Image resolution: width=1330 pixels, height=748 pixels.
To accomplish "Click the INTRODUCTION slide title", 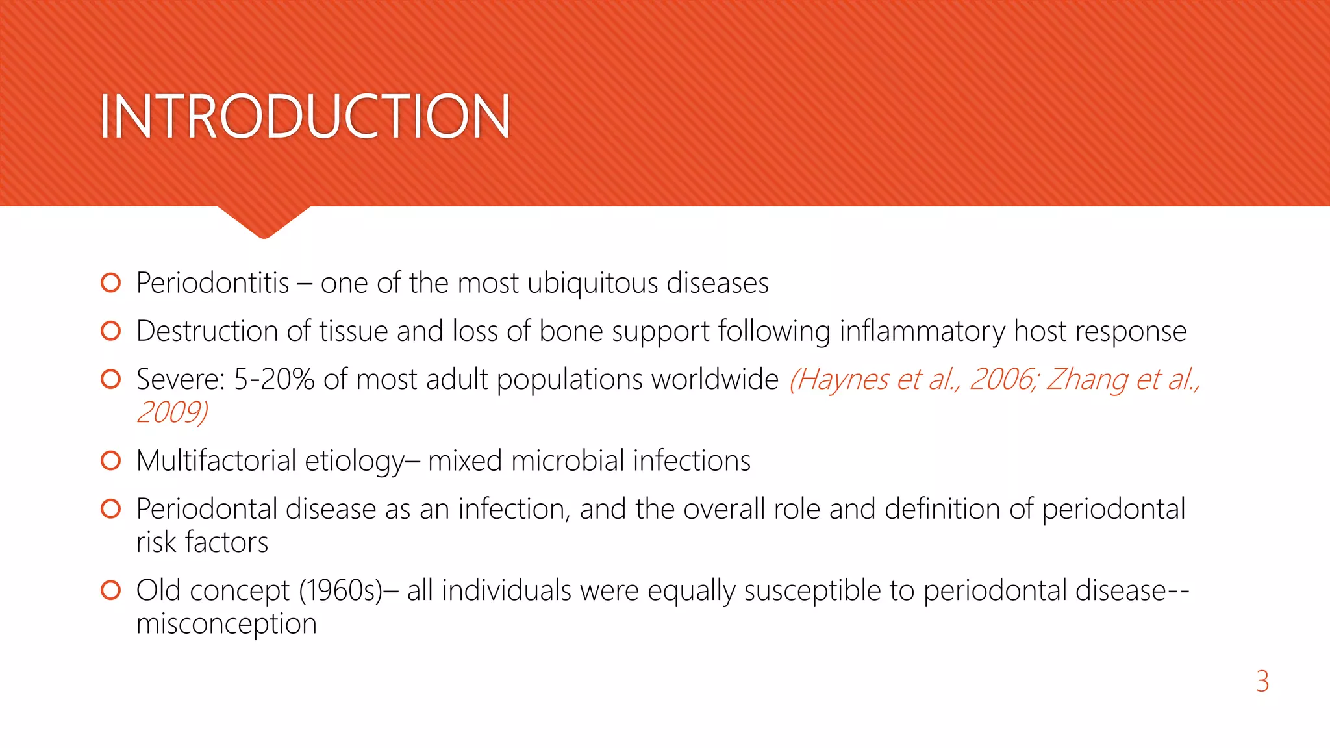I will point(305,117).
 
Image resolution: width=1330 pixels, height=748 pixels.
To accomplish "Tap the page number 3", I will point(1262,682).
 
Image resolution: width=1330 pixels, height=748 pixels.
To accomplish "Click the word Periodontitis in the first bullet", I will point(212,283).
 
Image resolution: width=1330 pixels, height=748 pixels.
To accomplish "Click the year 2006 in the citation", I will point(1002,379).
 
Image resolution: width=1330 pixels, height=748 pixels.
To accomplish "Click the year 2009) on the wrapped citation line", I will point(172,412).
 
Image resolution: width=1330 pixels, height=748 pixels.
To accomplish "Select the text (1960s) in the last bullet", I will point(340,591).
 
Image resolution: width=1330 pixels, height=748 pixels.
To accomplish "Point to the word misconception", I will point(226,624).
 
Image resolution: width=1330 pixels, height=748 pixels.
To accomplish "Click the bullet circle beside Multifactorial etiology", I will point(111,461).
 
